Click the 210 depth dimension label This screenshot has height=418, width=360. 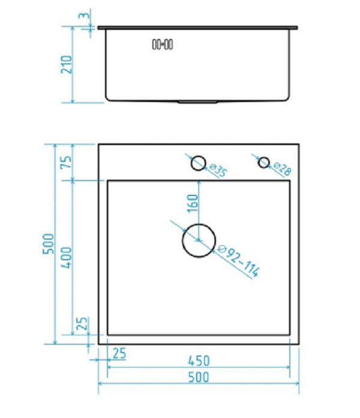coord(67,64)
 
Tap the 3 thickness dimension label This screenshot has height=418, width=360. coord(84,15)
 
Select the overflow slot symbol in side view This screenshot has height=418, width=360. coord(163,44)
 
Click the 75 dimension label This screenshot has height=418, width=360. coord(67,161)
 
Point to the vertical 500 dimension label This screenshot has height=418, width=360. coord(49,243)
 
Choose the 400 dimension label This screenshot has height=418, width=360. coord(67,257)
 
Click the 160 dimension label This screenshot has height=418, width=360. coord(193,203)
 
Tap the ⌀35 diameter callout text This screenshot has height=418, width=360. coord(218,170)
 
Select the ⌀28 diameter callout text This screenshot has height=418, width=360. coord(283,169)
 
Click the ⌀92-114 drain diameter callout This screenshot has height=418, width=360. coord(238,261)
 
